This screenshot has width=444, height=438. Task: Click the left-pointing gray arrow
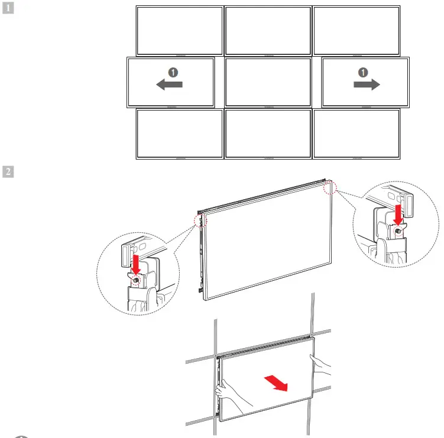pos(169,85)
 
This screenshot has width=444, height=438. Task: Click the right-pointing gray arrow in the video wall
pos(366,85)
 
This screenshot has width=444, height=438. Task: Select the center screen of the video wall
pos(268,82)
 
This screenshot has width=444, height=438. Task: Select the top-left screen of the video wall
pos(180,31)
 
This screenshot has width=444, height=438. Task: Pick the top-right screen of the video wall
pos(356,31)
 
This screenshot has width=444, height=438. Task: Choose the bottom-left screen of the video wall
pos(180,134)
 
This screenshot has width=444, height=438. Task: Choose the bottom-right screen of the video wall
pos(356,134)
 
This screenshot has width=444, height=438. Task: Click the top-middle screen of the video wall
pos(268,31)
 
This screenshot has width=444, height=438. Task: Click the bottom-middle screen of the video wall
pos(268,134)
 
